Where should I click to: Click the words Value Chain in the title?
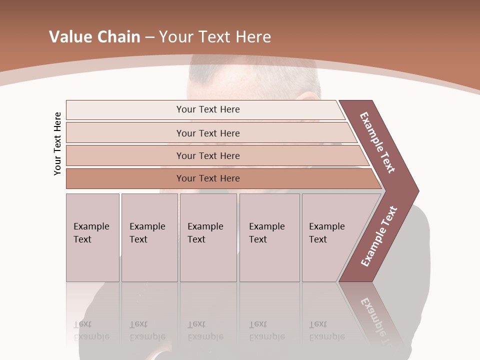(94, 37)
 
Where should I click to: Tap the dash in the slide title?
(149, 37)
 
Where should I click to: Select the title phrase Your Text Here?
(215, 37)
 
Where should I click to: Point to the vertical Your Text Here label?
(57, 143)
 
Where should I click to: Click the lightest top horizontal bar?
(207, 109)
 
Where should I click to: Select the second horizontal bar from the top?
(207, 133)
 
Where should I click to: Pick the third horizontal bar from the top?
(207, 155)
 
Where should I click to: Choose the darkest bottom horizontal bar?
(207, 178)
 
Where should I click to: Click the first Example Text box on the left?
(92, 237)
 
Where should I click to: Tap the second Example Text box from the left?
(149, 237)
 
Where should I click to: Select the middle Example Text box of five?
(208, 237)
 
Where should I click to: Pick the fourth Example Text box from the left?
(269, 237)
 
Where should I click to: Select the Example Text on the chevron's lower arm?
(379, 236)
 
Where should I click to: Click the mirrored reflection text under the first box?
(91, 331)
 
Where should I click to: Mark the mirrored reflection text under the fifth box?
(327, 331)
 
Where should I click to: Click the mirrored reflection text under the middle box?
(205, 331)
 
